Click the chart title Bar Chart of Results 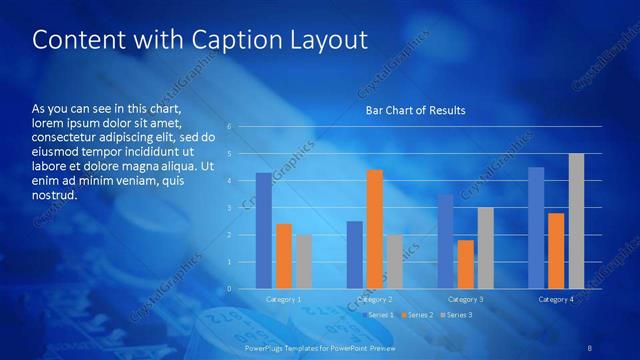pos(415,110)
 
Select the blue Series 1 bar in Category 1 pos(263,231)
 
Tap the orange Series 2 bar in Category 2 pos(375,229)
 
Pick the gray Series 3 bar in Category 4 pos(576,221)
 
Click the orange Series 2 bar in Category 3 pos(466,264)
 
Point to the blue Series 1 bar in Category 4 pos(536,228)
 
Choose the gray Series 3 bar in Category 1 pos(303,262)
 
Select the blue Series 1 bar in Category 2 pos(355,255)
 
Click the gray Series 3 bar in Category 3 pos(486,248)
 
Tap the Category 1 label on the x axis pos(283,299)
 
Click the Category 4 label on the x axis pos(556,299)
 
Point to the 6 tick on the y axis pos(229,127)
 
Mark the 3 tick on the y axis pos(229,208)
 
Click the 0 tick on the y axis pos(229,289)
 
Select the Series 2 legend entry pos(416,315)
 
